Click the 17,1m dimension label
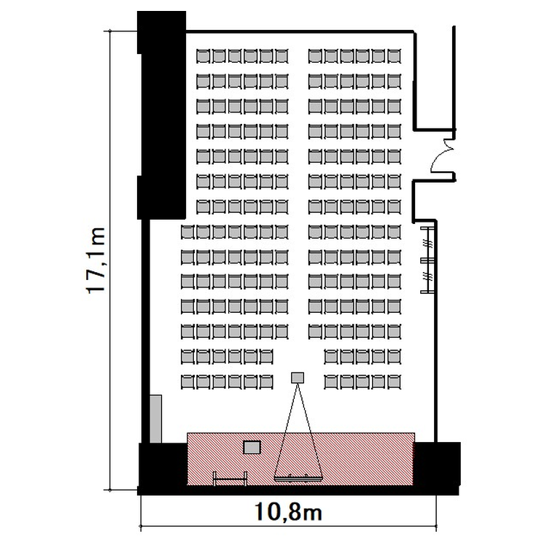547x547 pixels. pos(95,260)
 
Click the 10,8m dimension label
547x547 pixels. pos(288,512)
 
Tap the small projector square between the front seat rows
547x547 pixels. pos(298,378)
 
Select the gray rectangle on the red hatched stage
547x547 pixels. pos(252,447)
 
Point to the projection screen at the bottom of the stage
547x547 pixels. pos(298,478)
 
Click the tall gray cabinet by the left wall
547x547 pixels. pos(155,419)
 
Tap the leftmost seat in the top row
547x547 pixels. pos(203,56)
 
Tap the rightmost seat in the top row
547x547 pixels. pos(394,56)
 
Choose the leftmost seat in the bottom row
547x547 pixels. pos(187,381)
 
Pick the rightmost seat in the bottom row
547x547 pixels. pos(394,381)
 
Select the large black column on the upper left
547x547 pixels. pos(161,115)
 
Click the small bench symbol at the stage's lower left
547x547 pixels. pos(230,479)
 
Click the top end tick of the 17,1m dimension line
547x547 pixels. pos(110,31)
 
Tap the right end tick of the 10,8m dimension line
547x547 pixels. pos(436,526)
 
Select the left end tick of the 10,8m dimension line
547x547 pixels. pos(141,526)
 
